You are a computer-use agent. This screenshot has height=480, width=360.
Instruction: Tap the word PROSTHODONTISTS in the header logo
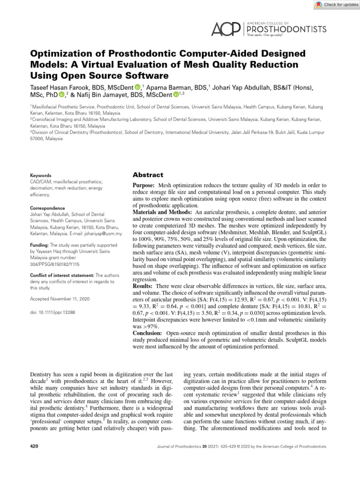(286, 29)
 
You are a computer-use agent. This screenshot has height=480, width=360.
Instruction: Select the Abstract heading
(148, 175)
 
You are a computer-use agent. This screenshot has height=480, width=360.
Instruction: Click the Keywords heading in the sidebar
(41, 175)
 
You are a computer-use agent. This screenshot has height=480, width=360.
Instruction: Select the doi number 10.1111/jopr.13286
(55, 311)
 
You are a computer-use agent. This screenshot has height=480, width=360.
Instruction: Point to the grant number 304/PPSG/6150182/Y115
(57, 264)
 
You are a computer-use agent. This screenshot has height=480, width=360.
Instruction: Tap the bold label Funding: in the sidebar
(39, 245)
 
